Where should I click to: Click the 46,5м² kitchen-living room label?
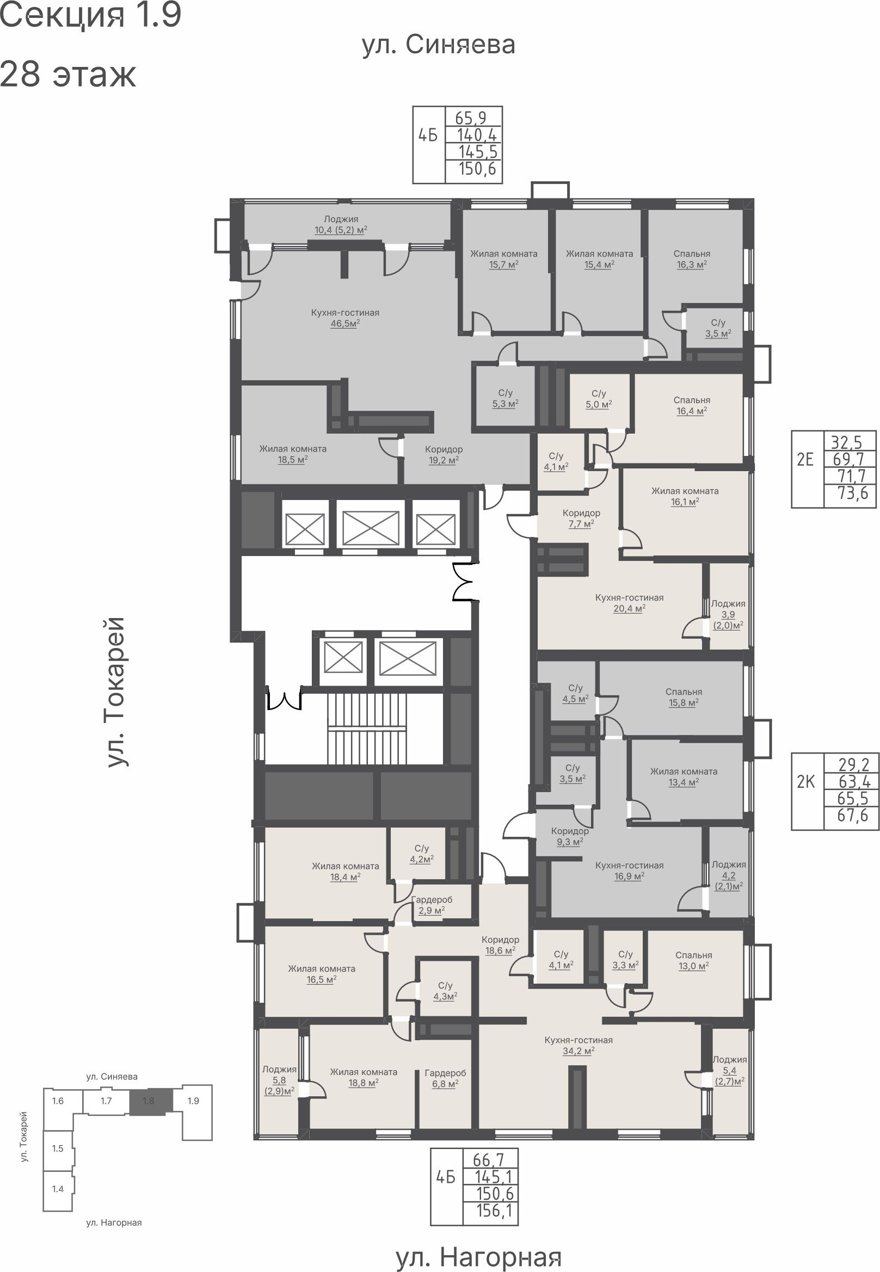coord(344,318)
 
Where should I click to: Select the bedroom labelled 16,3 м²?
coord(692,259)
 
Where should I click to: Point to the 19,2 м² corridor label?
coord(444,454)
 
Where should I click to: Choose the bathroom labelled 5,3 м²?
coord(505,398)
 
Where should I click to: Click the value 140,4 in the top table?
coord(477,134)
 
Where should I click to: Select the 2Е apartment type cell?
coord(805,459)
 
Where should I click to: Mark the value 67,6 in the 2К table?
coord(852,815)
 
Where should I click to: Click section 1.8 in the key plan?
coord(149,1101)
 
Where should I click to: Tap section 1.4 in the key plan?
coord(58,1188)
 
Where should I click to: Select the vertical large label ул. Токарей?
coord(116,692)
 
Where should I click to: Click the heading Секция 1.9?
coord(91,16)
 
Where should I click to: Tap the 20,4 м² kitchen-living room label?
coord(629,602)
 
